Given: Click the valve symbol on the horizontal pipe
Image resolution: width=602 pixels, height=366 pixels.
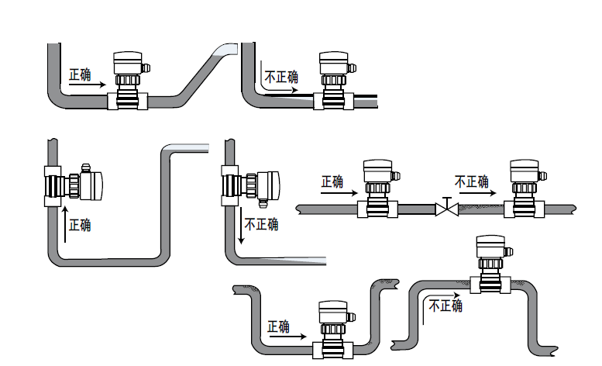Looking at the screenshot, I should pyautogui.click(x=446, y=209).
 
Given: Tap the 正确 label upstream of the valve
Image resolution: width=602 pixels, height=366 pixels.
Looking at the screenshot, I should pyautogui.click(x=332, y=182).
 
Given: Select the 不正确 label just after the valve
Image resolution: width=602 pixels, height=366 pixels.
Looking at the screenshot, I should pyautogui.click(x=472, y=182).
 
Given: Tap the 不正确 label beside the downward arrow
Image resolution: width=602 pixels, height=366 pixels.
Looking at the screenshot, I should pyautogui.click(x=261, y=225).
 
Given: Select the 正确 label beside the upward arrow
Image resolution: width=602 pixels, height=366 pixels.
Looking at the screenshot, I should pyautogui.click(x=80, y=225).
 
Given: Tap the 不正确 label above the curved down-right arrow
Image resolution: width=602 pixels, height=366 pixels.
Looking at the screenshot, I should pyautogui.click(x=281, y=77).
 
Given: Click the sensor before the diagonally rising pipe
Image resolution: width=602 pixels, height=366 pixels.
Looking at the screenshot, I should pyautogui.click(x=127, y=79).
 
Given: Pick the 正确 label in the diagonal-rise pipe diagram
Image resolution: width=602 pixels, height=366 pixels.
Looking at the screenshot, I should pyautogui.click(x=80, y=75).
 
